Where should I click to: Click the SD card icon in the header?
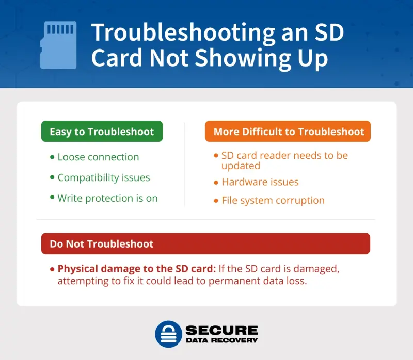(58, 45)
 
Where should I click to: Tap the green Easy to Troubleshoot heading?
(102, 132)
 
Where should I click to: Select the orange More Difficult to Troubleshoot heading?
(288, 132)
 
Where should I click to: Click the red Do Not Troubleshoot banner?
(205, 243)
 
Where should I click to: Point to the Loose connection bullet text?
(98, 157)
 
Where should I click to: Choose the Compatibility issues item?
(103, 177)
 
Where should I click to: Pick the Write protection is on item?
(107, 198)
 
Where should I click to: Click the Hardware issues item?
(260, 182)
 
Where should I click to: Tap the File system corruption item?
(273, 200)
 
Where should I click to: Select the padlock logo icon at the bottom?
(168, 334)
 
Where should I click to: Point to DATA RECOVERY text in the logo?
(221, 340)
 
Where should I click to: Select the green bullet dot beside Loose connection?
(52, 157)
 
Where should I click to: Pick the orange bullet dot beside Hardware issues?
(216, 182)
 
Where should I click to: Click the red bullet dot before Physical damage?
(52, 269)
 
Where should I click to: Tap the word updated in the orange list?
(241, 166)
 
